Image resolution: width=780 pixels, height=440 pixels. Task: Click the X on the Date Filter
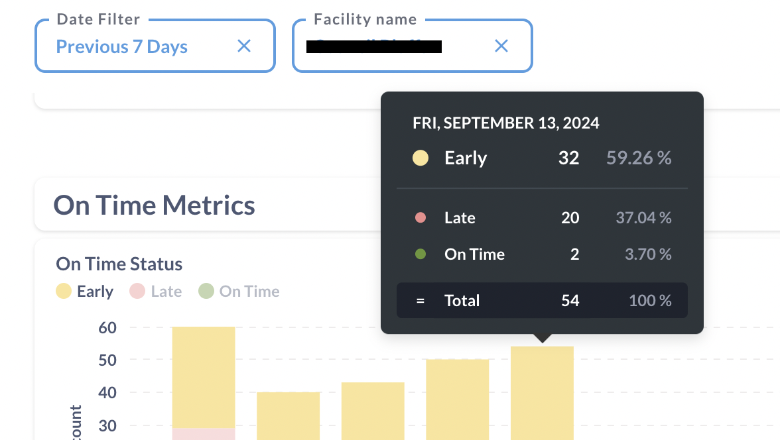tap(244, 46)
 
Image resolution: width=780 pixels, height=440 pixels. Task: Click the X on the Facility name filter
tap(501, 46)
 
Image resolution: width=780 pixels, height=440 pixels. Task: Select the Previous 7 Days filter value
tap(121, 47)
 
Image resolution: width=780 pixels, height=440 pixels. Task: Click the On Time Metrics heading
tap(154, 205)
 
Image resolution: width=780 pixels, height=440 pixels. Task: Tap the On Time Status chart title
tap(119, 264)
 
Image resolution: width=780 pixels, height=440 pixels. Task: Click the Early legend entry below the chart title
tap(85, 292)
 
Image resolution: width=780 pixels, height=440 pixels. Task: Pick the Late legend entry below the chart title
tap(156, 292)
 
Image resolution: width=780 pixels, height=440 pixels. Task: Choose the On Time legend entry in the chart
tap(239, 292)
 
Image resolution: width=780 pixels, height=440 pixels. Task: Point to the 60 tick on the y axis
tap(107, 327)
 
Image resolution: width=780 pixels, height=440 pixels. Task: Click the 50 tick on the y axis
tap(107, 360)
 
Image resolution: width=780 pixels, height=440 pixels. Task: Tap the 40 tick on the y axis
tap(107, 392)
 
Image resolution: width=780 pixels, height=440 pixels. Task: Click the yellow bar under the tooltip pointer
tap(542, 391)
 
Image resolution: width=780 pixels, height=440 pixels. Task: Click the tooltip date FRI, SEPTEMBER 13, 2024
tap(505, 123)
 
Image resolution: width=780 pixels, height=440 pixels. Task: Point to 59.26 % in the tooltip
tap(639, 158)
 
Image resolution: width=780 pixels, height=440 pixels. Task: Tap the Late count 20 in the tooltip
tap(570, 217)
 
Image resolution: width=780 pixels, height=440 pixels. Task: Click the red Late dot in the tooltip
tap(420, 217)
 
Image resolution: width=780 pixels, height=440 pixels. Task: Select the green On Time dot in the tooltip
tap(420, 254)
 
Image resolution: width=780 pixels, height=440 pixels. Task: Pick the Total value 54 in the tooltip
tap(570, 300)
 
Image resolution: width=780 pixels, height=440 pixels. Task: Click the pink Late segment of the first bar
tap(204, 433)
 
